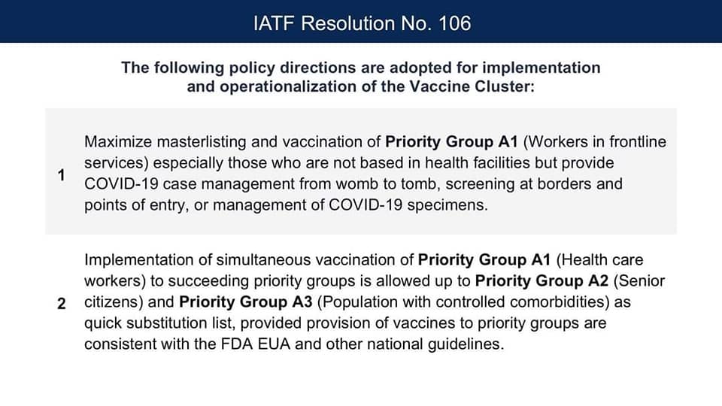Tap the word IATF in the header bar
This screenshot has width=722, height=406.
point(274,23)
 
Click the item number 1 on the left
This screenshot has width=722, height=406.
point(61,175)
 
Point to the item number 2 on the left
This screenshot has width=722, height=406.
point(61,304)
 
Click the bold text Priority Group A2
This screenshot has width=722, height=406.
point(541,280)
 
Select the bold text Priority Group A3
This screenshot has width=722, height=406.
point(246,302)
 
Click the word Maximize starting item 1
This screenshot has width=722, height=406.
point(118,142)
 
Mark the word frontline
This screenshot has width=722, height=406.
point(638,142)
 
